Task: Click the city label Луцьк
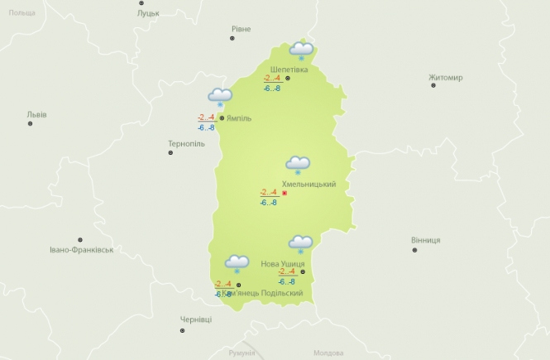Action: (x=149, y=13)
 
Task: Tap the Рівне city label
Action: (x=241, y=29)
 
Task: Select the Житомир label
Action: (x=446, y=78)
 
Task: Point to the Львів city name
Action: (x=36, y=114)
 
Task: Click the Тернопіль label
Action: (x=186, y=143)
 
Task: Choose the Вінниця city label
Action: (x=425, y=240)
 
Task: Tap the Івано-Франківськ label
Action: (x=81, y=249)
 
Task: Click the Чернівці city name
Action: (x=196, y=319)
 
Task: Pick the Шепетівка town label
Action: (x=289, y=70)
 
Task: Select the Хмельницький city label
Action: (x=308, y=184)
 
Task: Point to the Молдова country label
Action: (x=328, y=353)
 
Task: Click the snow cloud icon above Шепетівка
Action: (x=301, y=50)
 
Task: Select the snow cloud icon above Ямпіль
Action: (x=220, y=97)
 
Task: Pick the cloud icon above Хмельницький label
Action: (x=298, y=165)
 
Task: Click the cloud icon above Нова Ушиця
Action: (x=300, y=243)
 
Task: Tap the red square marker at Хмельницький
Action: (x=285, y=193)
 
